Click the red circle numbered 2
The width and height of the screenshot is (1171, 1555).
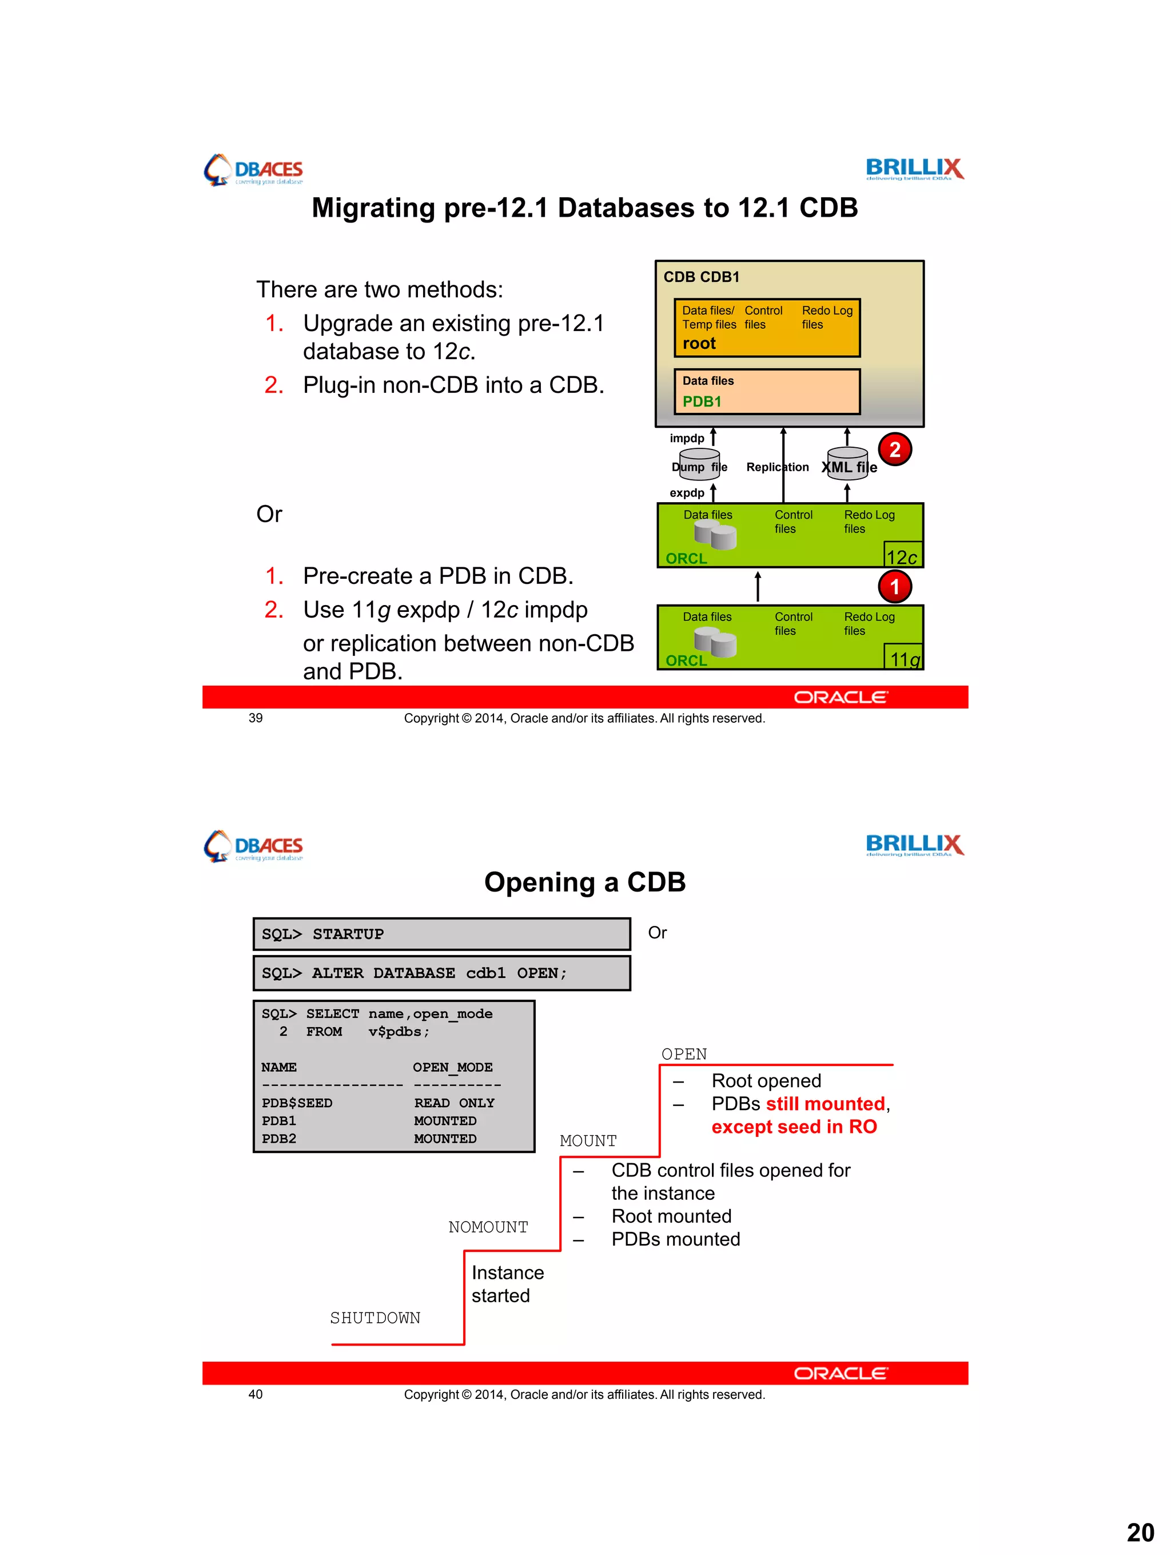coord(894,449)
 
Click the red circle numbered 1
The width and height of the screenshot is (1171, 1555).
coord(894,586)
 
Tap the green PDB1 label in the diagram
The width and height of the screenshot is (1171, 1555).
coord(702,401)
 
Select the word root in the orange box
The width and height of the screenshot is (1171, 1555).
coord(699,343)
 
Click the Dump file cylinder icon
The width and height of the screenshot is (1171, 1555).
coord(699,464)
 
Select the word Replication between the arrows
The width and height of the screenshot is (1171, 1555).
coord(776,467)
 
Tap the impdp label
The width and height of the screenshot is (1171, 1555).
coord(686,438)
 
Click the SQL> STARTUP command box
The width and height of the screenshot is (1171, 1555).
coord(441,933)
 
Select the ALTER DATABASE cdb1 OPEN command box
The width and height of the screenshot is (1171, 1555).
coord(441,972)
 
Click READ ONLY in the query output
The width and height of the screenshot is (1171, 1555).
coord(453,1102)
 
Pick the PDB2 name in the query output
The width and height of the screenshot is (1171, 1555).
coord(278,1138)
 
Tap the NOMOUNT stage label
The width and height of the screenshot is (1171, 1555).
coord(488,1227)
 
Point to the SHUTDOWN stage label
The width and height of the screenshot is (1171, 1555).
coord(375,1318)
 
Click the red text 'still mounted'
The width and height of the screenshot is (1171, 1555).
coord(825,1103)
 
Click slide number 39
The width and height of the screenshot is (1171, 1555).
coord(255,718)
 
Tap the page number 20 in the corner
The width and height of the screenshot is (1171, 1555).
coord(1140,1532)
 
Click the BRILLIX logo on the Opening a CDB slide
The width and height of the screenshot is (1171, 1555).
coord(914,844)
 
